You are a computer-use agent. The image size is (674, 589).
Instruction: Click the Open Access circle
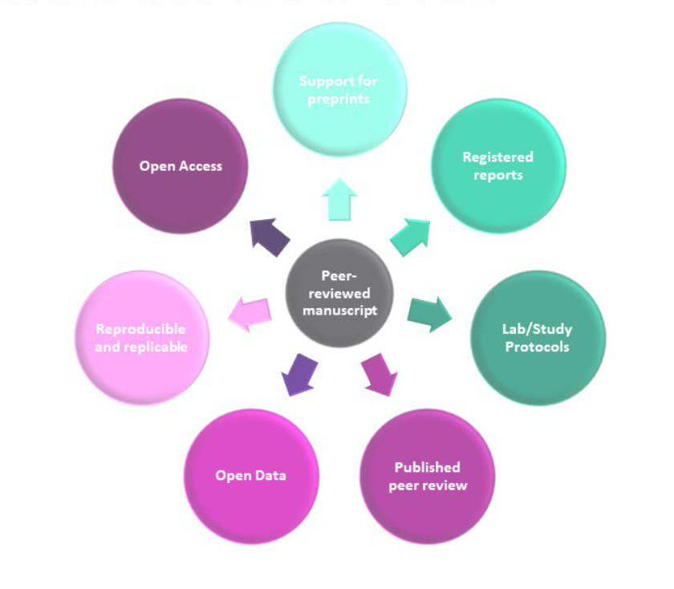click(181, 166)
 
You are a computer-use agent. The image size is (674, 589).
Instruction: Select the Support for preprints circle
click(339, 89)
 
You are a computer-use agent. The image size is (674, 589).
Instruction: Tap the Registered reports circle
click(497, 166)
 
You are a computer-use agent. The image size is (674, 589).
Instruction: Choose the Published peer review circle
click(427, 477)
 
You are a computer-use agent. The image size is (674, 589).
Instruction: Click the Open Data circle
click(251, 477)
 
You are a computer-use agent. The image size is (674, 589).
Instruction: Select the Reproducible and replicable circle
click(141, 338)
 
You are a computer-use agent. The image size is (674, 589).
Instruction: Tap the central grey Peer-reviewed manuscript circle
click(340, 293)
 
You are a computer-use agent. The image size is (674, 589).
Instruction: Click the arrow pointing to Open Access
click(269, 237)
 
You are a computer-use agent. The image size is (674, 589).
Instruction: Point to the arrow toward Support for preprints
click(339, 199)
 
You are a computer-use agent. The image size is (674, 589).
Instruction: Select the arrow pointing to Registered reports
click(410, 237)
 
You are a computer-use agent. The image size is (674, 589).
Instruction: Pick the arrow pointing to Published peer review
click(380, 373)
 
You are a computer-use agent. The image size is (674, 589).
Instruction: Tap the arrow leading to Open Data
click(299, 373)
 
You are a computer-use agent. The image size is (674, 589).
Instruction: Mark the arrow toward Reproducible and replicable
click(250, 313)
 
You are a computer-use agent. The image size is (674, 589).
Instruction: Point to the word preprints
click(339, 100)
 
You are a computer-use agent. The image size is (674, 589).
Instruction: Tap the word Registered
click(497, 157)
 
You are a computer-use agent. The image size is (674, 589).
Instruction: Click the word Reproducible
click(140, 329)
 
